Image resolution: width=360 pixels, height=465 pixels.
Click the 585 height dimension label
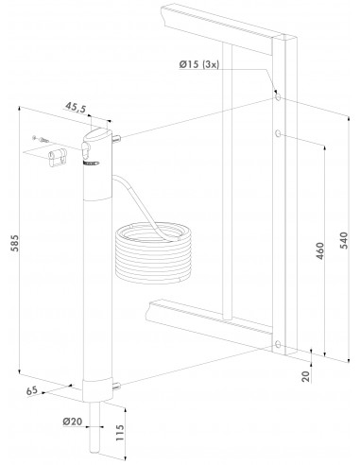pos(15,243)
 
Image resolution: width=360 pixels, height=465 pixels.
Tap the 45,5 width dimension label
pos(76,107)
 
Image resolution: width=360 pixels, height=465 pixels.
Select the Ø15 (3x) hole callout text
pos(198,64)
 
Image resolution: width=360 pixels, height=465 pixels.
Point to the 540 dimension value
pos(345,240)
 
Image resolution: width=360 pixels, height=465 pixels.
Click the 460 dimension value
pos(319,250)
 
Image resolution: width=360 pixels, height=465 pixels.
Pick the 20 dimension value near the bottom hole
pos(306,376)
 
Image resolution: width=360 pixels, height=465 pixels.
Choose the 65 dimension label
pos(32,391)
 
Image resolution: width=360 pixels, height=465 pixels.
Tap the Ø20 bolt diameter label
pos(72,422)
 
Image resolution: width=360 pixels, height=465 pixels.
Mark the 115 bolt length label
pos(120,432)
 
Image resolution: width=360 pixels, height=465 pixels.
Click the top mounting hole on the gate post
pos(278,96)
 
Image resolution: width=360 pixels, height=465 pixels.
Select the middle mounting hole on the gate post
pos(278,134)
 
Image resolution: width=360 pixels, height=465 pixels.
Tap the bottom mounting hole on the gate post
pos(278,344)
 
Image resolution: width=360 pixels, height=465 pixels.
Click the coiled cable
pos(153,251)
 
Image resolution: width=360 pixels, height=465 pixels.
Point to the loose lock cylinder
pos(58,157)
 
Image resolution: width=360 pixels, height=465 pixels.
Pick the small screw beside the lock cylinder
pos(41,139)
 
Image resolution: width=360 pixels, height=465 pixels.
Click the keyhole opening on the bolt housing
pos(85,150)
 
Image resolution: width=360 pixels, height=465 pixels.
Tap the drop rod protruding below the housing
pos(94,427)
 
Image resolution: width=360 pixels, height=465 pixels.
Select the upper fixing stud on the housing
pos(116,138)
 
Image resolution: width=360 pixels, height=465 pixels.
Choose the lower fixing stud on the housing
pos(116,386)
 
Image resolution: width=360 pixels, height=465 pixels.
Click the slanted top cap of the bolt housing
pos(95,134)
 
